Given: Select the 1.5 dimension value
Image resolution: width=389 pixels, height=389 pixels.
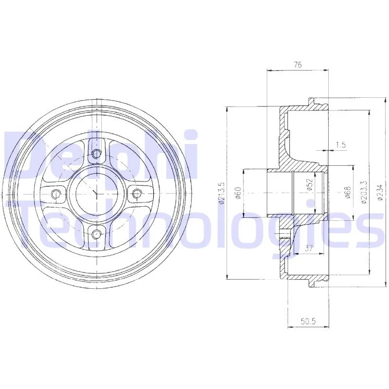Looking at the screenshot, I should tap(340, 144).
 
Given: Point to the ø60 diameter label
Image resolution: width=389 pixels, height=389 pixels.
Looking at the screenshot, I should tap(238, 193).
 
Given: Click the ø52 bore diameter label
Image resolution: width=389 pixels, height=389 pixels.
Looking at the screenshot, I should tap(309, 185).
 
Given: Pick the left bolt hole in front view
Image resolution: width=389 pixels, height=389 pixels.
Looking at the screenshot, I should tap(56, 194).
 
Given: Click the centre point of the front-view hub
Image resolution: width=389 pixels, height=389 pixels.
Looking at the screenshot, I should tap(96, 194).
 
